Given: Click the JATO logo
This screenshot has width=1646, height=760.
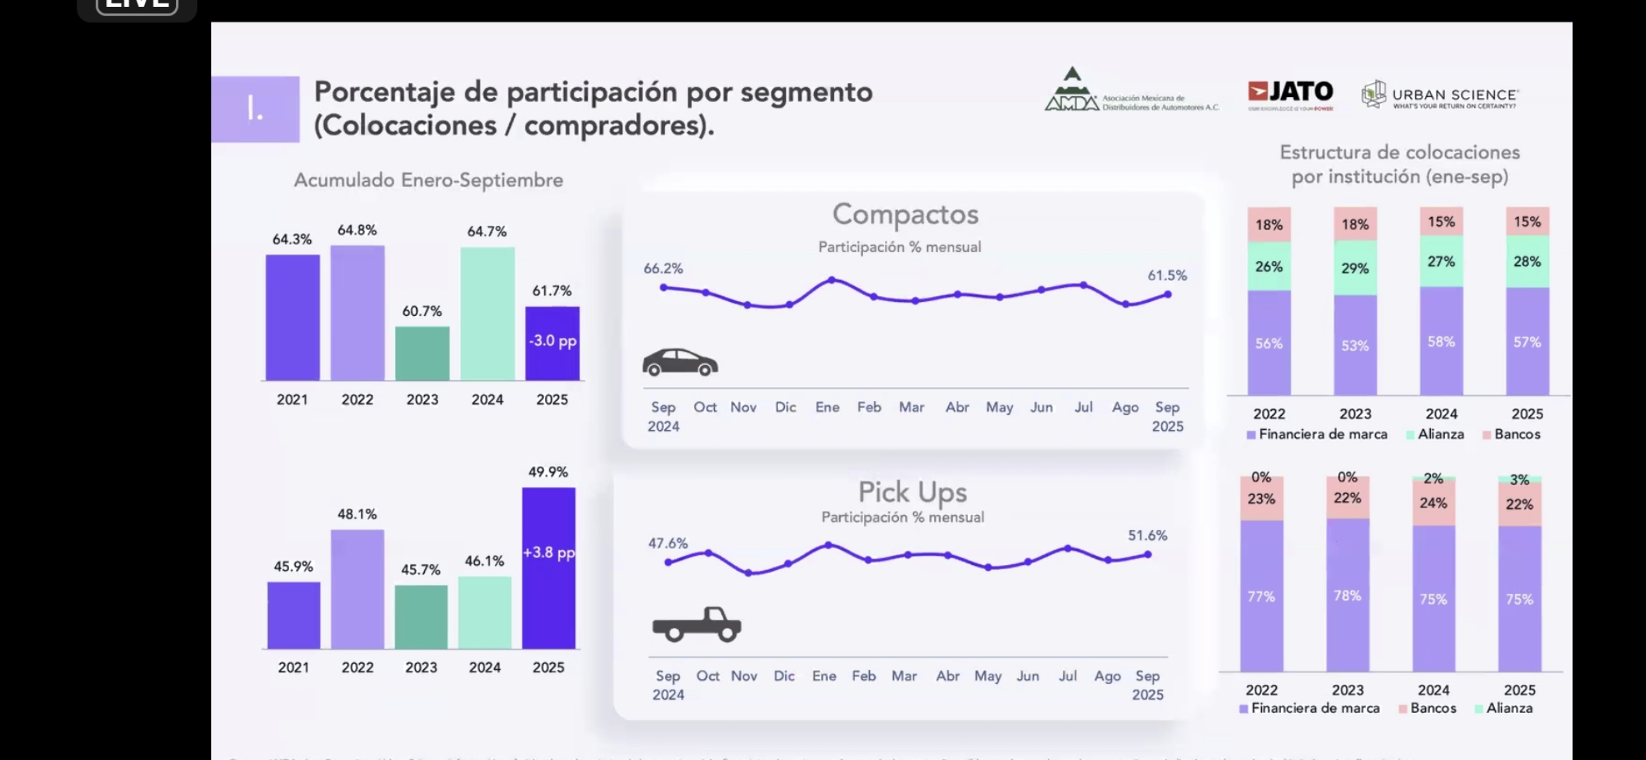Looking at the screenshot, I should [x=1290, y=93].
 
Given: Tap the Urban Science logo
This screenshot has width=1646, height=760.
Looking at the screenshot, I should [x=1439, y=95].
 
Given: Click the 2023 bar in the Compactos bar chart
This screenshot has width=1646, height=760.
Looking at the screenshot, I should [x=422, y=353].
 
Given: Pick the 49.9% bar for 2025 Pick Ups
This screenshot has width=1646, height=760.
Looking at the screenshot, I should [x=549, y=567].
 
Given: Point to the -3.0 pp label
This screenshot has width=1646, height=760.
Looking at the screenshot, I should [x=553, y=341].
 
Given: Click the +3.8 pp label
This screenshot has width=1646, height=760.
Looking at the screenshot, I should [x=549, y=552].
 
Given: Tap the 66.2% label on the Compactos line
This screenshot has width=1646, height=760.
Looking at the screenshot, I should [x=663, y=268].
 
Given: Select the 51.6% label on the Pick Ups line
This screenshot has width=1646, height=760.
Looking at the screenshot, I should [x=1147, y=536].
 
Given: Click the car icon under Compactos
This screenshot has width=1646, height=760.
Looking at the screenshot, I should [x=680, y=362].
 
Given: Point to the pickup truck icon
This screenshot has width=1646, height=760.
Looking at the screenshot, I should [x=696, y=624].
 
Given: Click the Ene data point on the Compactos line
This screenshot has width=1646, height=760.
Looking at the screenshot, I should [x=831, y=280].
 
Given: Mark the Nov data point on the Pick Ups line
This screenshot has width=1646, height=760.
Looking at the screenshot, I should [x=748, y=573].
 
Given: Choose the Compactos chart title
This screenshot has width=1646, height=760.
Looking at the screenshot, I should [x=905, y=215].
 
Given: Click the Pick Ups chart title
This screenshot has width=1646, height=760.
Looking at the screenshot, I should [x=912, y=492].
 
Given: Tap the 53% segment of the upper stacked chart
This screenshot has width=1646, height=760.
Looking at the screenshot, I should [x=1355, y=345].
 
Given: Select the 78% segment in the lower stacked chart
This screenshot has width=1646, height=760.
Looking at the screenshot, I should [x=1347, y=595].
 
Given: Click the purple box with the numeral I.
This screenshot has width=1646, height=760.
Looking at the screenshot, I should [x=255, y=109].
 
